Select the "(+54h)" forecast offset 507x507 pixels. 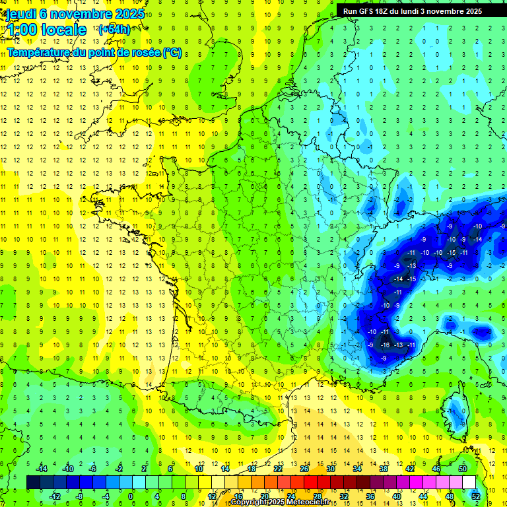point(114,29)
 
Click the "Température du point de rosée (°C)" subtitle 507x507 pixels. point(94,52)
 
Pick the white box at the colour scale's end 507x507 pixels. point(469,483)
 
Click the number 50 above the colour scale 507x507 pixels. point(462,469)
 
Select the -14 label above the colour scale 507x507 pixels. point(41,469)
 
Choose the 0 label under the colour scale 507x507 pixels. point(131,496)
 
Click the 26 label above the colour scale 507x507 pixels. point(304,469)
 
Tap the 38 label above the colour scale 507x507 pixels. point(383,469)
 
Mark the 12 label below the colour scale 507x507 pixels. point(211,496)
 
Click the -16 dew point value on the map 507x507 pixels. point(385,345)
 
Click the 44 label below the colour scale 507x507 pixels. point(423,496)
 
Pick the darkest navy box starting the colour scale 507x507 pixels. point(34,483)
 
